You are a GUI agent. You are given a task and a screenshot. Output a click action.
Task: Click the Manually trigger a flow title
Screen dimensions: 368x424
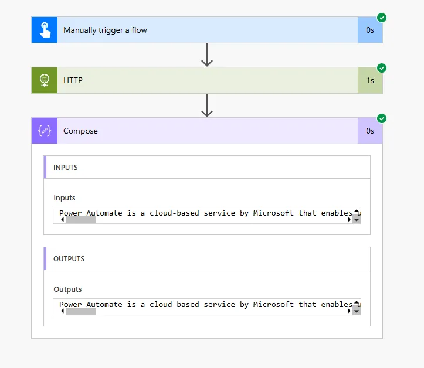pos(105,30)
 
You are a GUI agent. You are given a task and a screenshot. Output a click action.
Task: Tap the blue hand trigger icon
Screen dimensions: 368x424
pos(45,30)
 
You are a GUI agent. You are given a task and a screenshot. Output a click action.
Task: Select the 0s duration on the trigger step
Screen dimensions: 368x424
pos(370,30)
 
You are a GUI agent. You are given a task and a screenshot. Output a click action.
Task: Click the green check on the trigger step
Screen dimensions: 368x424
pos(382,18)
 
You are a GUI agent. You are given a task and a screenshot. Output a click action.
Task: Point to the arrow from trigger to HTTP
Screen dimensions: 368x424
pos(206,55)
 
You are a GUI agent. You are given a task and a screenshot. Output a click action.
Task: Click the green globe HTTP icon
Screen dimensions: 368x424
pos(45,80)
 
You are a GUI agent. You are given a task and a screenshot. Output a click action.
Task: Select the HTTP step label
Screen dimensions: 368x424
pos(73,80)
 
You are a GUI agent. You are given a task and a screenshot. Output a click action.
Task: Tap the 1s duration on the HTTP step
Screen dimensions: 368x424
pos(370,80)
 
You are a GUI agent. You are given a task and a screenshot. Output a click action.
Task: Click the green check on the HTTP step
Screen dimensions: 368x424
pos(382,68)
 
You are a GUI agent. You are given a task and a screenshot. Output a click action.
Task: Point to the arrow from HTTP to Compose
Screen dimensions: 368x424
pos(206,105)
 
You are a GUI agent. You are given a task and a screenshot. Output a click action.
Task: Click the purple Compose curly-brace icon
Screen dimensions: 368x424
pos(45,131)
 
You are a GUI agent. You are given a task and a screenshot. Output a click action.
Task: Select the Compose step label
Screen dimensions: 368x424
pos(80,131)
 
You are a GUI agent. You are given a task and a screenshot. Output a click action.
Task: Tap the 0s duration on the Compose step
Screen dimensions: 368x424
pos(370,131)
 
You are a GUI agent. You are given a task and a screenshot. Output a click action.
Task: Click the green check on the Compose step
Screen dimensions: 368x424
pos(382,118)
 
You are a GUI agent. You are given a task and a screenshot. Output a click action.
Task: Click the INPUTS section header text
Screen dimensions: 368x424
pos(66,168)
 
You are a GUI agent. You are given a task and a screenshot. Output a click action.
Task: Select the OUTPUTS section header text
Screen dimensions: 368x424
pos(69,259)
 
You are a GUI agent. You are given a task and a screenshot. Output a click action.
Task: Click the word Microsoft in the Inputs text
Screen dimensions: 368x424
pos(273,213)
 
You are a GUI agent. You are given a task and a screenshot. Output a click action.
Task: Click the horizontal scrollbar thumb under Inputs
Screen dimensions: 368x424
pos(80,220)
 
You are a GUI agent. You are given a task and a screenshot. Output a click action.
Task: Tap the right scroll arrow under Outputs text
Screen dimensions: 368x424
pos(350,311)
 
